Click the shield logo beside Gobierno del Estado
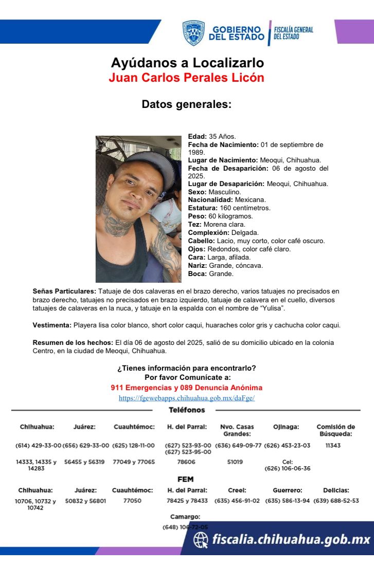click(x=193, y=33)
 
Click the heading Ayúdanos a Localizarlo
click(x=187, y=63)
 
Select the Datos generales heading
click(x=187, y=104)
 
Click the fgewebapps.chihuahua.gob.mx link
click(x=187, y=398)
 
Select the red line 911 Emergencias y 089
click(x=187, y=388)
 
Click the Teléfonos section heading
click(x=187, y=410)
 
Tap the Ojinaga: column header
click(x=286, y=427)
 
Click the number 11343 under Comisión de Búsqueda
click(x=333, y=446)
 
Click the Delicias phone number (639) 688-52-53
click(x=336, y=501)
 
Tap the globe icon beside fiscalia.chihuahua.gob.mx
click(x=201, y=540)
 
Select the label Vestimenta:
click(x=52, y=325)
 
